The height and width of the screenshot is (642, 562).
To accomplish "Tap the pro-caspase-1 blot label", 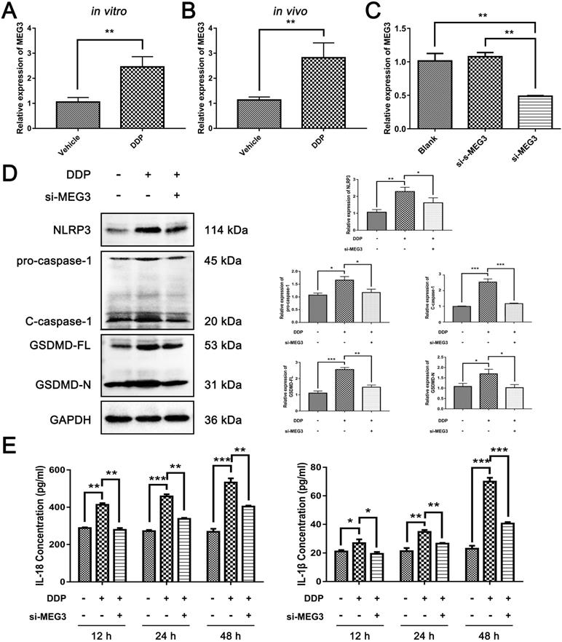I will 47,261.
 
